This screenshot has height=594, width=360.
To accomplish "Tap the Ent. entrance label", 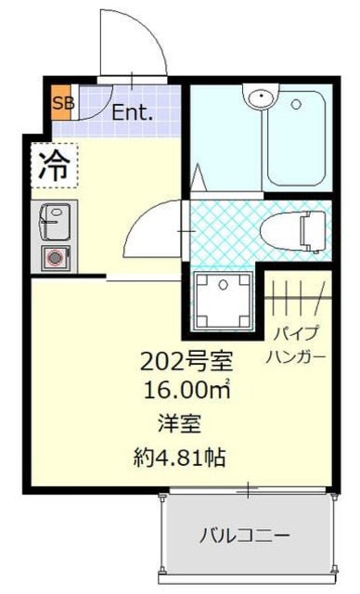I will [x=133, y=113].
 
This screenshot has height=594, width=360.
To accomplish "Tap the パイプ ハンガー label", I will [x=297, y=346].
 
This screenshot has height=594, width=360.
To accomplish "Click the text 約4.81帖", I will [x=181, y=457].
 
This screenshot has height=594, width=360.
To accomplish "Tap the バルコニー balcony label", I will [x=246, y=536].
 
